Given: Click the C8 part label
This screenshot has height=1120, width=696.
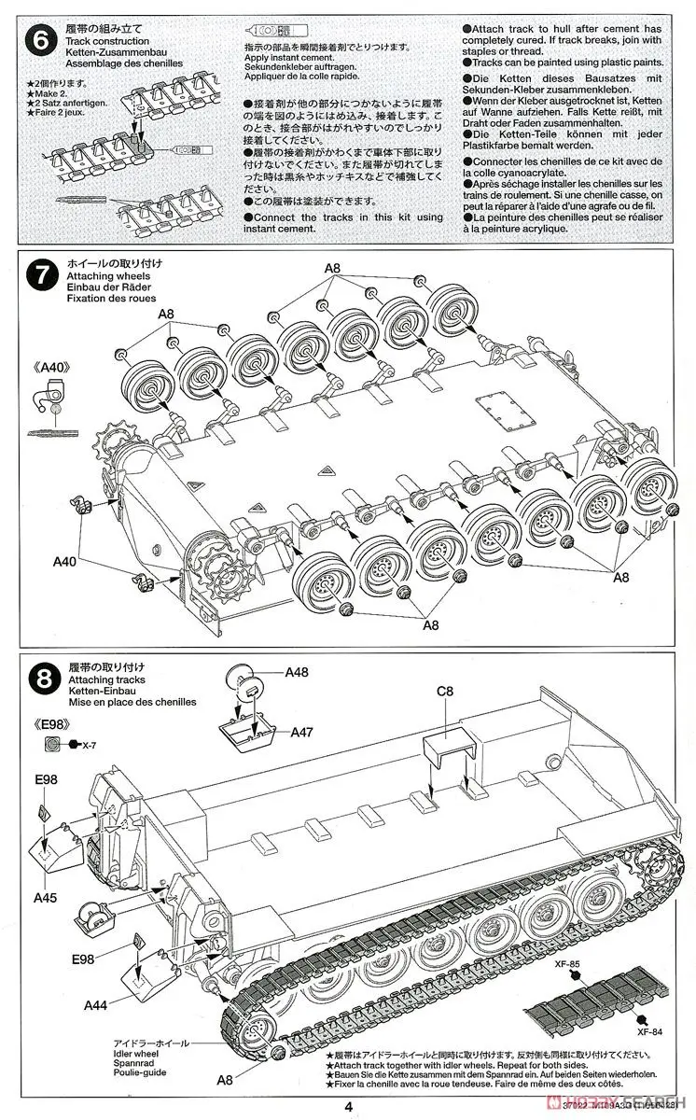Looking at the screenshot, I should (443, 693).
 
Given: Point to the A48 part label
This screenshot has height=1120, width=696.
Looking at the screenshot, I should (297, 672).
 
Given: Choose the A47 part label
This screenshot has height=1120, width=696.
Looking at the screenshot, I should (301, 733).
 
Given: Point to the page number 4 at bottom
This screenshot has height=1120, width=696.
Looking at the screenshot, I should (347, 1108).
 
